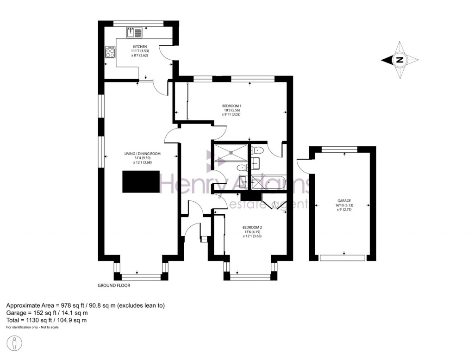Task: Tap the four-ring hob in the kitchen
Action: tap(110, 52)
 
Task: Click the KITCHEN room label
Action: tap(140, 47)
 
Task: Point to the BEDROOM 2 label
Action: tap(252, 227)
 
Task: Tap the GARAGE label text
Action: tap(343, 201)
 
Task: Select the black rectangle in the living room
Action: tap(141, 181)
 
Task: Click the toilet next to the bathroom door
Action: tap(258, 149)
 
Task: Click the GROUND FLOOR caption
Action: tap(114, 286)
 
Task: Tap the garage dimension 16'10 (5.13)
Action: tap(343, 205)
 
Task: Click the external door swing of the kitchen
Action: tap(167, 55)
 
